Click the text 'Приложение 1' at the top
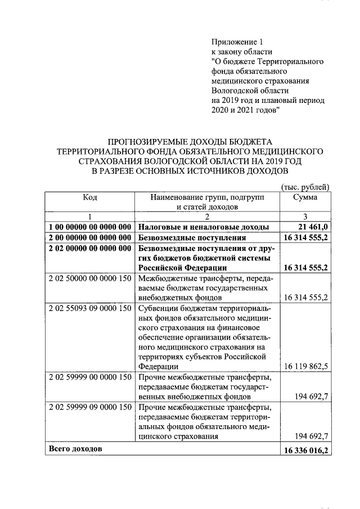click(x=237, y=42)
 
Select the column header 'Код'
click(x=90, y=197)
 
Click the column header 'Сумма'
click(x=304, y=197)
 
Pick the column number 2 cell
click(x=206, y=217)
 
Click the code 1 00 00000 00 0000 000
click(x=90, y=227)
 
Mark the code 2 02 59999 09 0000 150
click(x=90, y=407)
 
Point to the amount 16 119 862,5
click(x=307, y=366)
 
